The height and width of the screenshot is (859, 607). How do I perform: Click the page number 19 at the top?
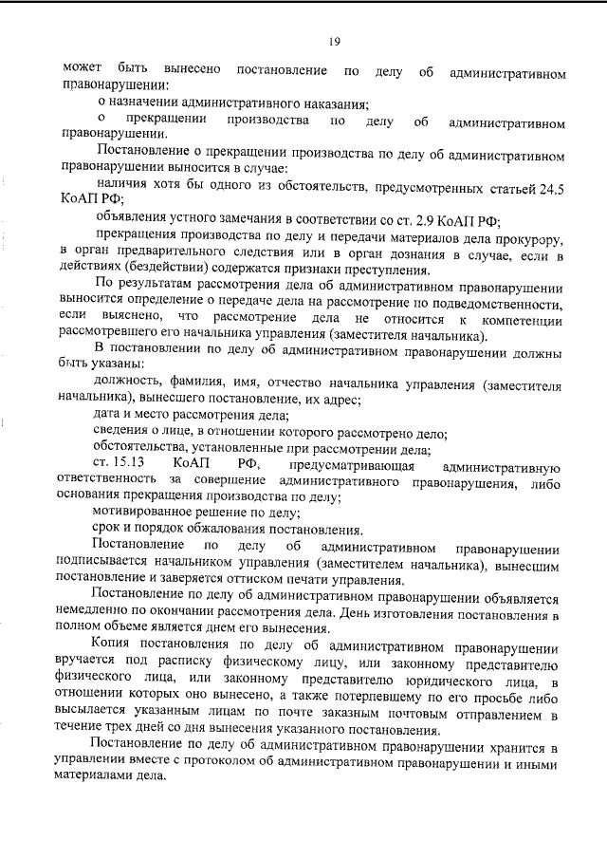click(334, 40)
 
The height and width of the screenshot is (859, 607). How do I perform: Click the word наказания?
click(335, 102)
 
